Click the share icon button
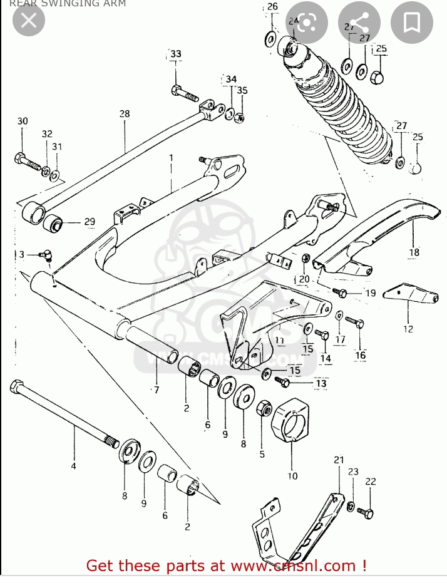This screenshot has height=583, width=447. [x=359, y=23]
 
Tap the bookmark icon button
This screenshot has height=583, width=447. [x=411, y=23]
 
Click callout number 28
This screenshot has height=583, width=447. [x=125, y=113]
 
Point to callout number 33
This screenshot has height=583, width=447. [x=176, y=54]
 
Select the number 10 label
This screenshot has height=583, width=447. [x=292, y=475]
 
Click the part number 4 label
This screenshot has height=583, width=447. [x=73, y=466]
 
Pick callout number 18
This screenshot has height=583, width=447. [x=414, y=252]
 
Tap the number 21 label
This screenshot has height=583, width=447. [x=339, y=460]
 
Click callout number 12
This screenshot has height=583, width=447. [x=408, y=328]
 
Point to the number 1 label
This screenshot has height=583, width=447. [x=170, y=158]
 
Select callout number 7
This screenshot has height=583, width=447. [x=157, y=390]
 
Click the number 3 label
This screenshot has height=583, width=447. [x=21, y=254]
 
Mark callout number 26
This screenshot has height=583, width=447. [x=272, y=7]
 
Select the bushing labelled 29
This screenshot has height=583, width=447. [x=54, y=222]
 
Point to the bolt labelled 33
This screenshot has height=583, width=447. [x=183, y=93]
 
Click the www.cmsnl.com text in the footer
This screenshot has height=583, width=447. [x=294, y=566]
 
